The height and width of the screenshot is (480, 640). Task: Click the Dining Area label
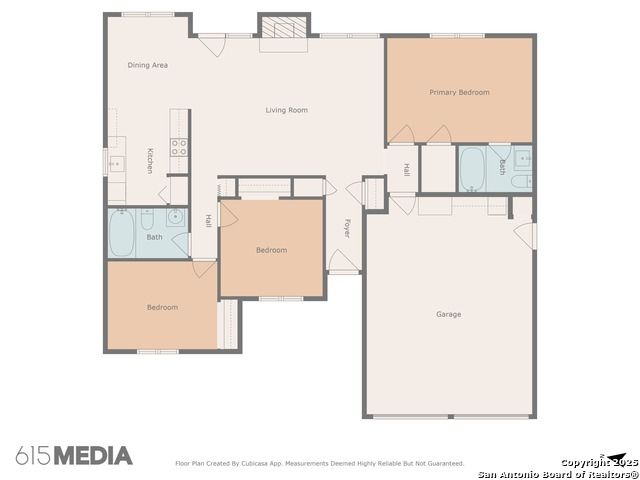(147, 65)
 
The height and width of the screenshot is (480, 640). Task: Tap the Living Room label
(287, 110)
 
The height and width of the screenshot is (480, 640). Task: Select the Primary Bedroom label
(459, 93)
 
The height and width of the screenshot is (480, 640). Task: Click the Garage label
(449, 314)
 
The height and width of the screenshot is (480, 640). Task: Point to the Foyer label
(347, 229)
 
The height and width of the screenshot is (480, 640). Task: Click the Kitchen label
(150, 161)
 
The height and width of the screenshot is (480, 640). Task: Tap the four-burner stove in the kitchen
(179, 147)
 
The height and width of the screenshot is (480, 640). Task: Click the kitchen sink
(115, 164)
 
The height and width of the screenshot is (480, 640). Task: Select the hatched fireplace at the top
(284, 27)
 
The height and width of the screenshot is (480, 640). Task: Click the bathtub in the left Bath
(122, 233)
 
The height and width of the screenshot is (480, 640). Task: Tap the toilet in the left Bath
(147, 220)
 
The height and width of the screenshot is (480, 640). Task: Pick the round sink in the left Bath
(176, 217)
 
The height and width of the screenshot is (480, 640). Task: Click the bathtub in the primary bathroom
(472, 169)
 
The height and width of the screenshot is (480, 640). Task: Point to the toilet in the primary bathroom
(522, 181)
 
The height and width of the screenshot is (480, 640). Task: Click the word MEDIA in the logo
(93, 456)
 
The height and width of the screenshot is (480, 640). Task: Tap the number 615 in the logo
(34, 456)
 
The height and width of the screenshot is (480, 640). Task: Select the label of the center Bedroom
(271, 250)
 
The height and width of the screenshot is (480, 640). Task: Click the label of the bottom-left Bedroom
(162, 308)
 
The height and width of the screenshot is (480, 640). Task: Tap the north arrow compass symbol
(615, 457)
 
